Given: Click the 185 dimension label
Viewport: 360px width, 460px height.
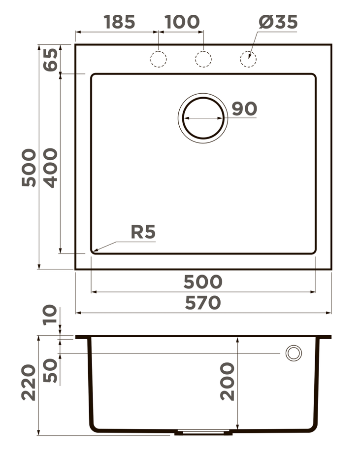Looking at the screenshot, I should point(119,22).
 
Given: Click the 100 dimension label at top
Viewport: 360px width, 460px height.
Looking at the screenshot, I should point(182,22).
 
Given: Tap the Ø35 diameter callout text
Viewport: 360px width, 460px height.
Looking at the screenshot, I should point(278,22).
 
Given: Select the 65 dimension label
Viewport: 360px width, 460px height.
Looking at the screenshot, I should point(50,59).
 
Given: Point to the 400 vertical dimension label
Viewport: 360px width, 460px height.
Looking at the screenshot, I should point(50,168).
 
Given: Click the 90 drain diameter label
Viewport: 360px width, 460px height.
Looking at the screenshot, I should point(244,109).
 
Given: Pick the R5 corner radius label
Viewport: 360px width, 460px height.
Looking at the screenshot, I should point(143,232).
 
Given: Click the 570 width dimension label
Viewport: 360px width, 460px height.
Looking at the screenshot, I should point(203,303).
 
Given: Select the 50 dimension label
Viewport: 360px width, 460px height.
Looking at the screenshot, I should point(50,371).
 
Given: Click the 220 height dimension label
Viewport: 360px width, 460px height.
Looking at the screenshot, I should point(29,383).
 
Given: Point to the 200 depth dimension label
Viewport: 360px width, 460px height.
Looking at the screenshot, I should point(228,381).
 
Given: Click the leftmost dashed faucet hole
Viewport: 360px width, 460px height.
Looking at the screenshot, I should point(158,59).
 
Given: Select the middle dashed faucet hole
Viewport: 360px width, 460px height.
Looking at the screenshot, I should point(203,59).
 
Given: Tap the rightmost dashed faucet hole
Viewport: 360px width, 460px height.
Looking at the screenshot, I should point(248,59).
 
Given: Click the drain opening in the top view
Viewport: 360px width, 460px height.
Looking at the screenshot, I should point(203,118).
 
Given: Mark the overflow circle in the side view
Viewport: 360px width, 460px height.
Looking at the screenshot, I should point(294,353).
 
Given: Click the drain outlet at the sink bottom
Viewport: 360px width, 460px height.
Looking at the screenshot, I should point(203,432).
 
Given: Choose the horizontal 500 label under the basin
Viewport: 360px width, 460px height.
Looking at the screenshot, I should point(203,282).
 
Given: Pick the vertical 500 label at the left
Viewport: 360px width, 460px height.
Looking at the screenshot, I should point(29,168).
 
